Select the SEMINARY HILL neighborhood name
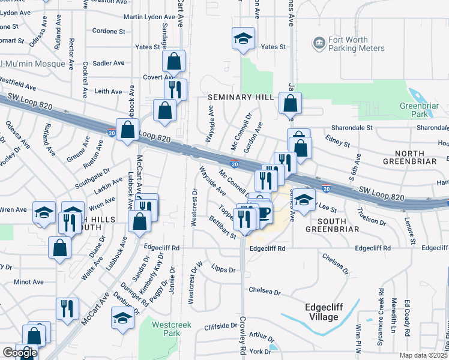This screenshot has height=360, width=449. point(241,97)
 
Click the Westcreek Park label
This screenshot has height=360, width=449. point(167,328)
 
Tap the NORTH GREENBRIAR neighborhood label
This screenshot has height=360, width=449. point(414,152)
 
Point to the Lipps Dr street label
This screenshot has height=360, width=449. point(224,270)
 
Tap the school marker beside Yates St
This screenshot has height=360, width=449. point(243,39)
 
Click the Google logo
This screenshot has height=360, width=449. point(20,353)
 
